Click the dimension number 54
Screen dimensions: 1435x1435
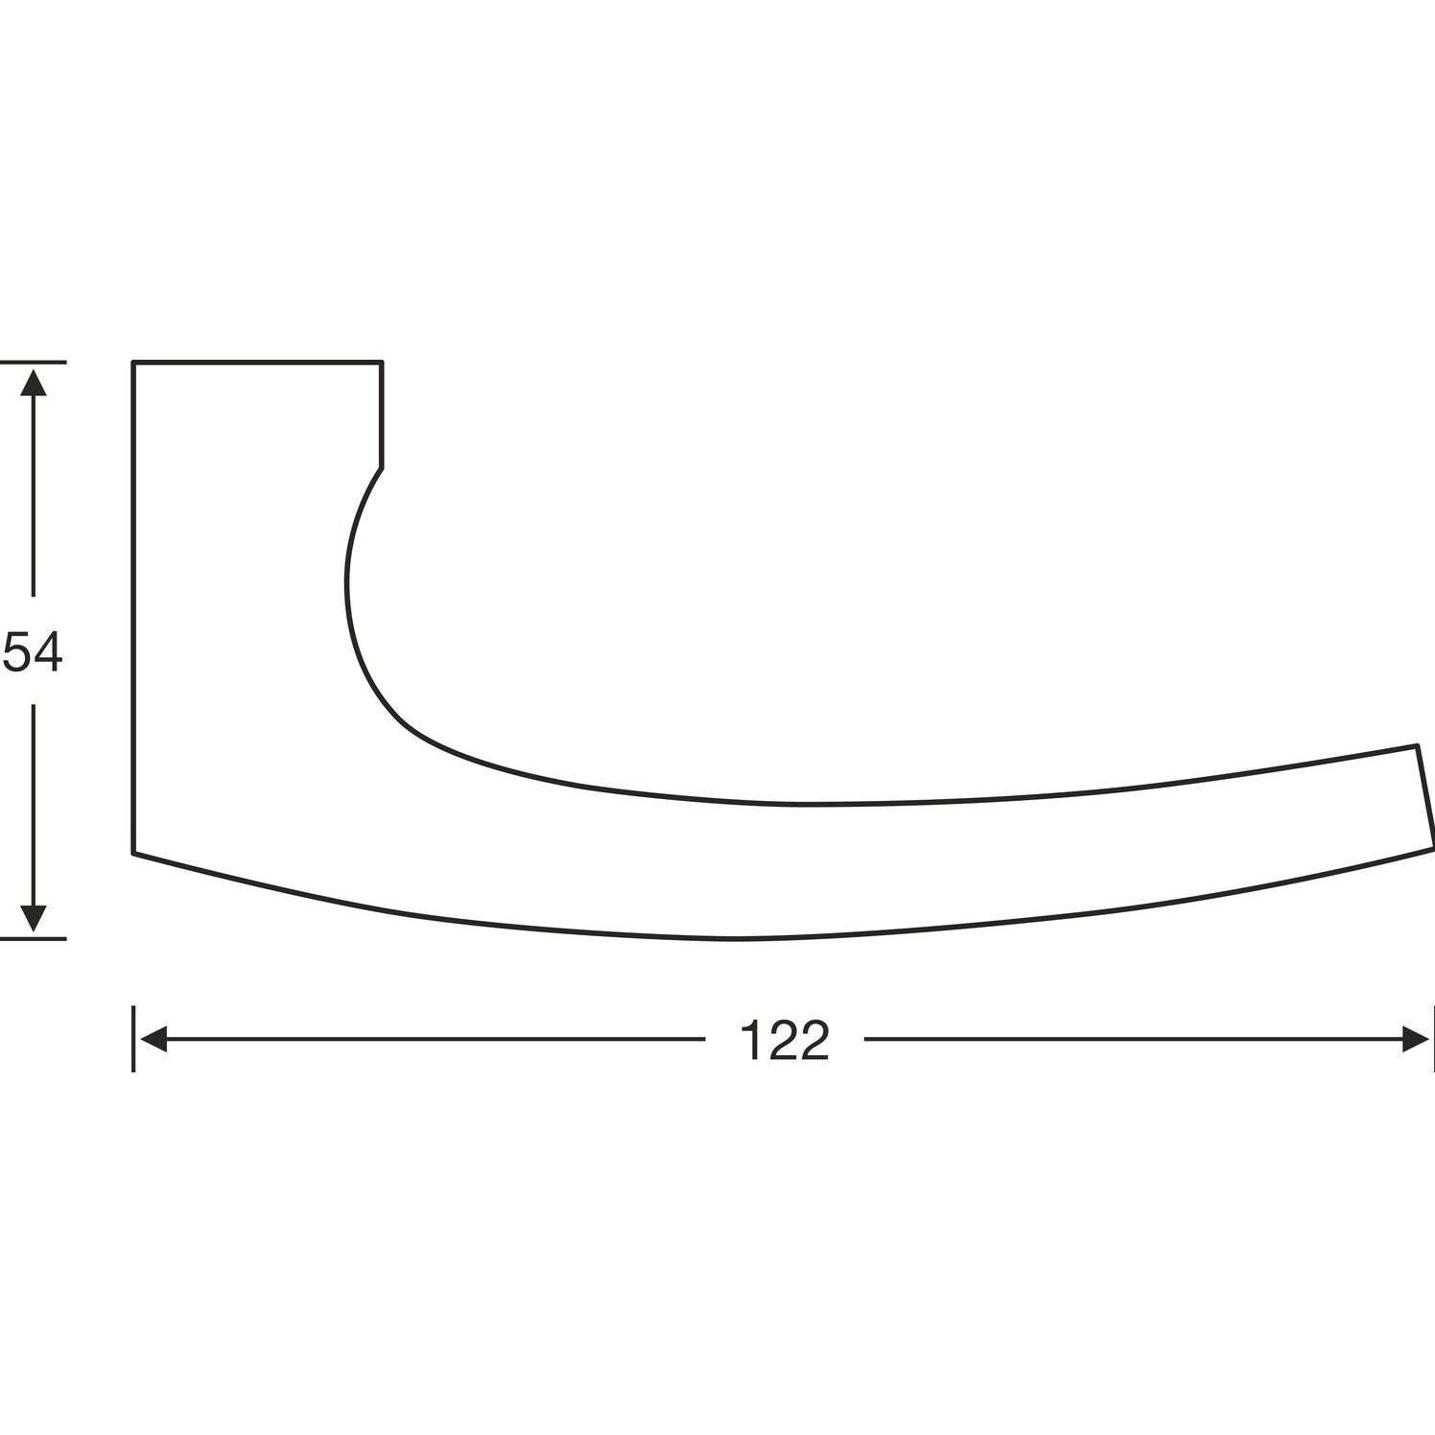tap(33, 652)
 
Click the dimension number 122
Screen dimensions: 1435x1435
tap(785, 1040)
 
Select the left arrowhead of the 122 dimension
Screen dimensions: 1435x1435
tap(153, 1039)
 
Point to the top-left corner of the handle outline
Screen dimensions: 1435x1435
tap(133, 363)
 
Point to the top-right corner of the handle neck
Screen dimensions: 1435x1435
tap(382, 363)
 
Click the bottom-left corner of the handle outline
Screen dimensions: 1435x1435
tap(133, 853)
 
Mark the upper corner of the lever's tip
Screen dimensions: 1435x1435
tap(1416, 745)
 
